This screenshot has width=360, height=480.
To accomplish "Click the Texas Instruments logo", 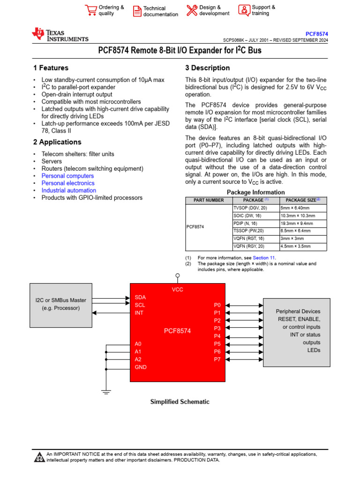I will pyautogui.click(x=60, y=35).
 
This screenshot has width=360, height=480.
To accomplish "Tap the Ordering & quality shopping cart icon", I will pyautogui.click(x=90, y=10).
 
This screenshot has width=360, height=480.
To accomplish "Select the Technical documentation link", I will pyautogui.click(x=160, y=11).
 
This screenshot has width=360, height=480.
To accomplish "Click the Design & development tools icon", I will pyautogui.click(x=192, y=10).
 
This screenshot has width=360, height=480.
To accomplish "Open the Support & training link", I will pyautogui.click(x=263, y=10).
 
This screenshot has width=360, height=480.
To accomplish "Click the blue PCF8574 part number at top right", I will pyautogui.click(x=316, y=34).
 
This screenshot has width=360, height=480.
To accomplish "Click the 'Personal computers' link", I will pyautogui.click(x=67, y=176).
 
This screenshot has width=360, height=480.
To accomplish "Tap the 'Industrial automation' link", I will pyautogui.click(x=68, y=190).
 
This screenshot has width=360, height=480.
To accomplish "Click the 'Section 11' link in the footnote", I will pyautogui.click(x=264, y=258).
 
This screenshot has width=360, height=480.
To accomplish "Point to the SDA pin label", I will pyautogui.click(x=140, y=297).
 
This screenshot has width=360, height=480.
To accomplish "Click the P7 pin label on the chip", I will pyautogui.click(x=217, y=359).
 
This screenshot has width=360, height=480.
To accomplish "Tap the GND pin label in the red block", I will pyautogui.click(x=141, y=367).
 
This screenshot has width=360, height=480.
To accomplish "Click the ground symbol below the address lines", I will pyautogui.click(x=106, y=391).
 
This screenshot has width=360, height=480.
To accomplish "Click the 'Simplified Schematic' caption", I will pyautogui.click(x=180, y=402).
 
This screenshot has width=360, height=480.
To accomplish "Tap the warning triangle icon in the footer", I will pyautogui.click(x=39, y=457).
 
